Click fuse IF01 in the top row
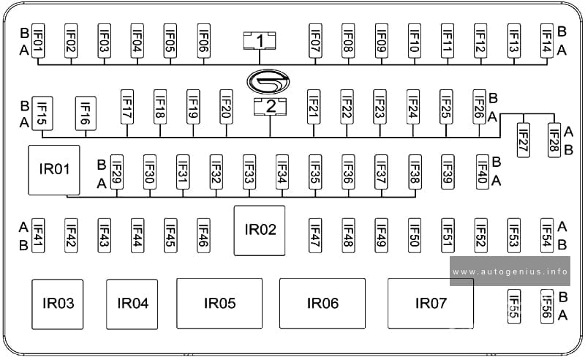tap(38, 41)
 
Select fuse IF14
tap(546, 41)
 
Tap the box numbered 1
tap(260, 41)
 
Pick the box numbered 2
tap(270, 106)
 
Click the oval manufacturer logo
tap(268, 80)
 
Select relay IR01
tap(54, 170)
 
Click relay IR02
tap(260, 230)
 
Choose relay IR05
tap(219, 303)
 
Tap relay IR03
tap(58, 304)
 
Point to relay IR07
tap(431, 303)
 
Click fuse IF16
tap(86, 113)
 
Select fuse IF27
tap(523, 140)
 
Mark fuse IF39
tap(448, 172)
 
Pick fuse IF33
tap(249, 172)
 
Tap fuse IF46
tap(203, 236)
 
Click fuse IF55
tap(514, 307)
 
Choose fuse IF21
tap(314, 106)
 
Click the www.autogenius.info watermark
tap(510, 271)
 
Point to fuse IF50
tap(415, 236)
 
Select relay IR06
tap(322, 303)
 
